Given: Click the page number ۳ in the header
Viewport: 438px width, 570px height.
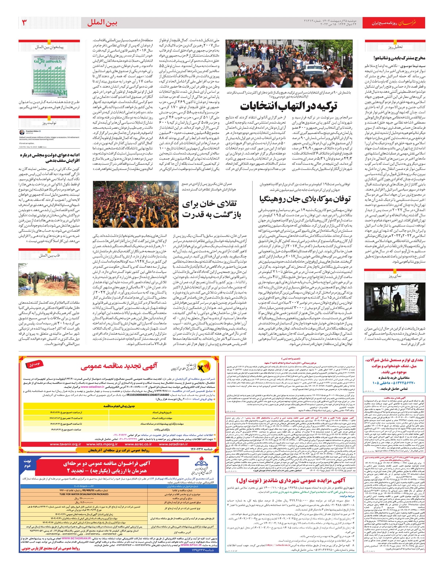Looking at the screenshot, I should click(24, 23).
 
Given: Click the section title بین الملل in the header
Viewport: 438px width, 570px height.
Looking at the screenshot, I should click(102, 23).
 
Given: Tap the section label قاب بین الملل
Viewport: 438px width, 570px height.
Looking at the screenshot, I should click(49, 255).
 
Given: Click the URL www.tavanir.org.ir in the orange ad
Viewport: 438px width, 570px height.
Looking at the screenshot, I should click(66, 444).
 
